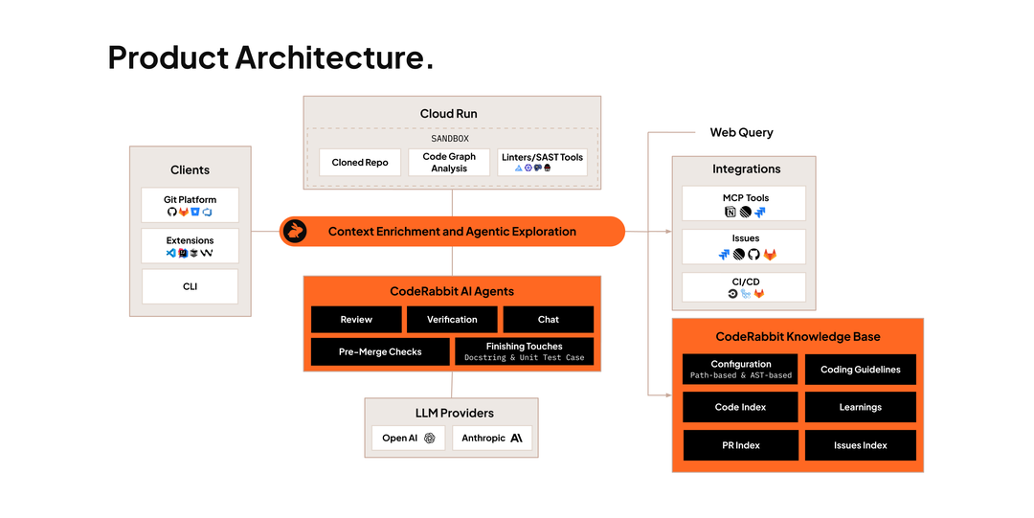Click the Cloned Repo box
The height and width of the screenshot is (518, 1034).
[360, 163]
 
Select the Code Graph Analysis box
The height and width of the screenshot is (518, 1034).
[449, 163]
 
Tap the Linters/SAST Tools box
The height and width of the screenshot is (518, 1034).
[542, 163]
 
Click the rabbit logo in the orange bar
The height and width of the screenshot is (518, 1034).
[294, 232]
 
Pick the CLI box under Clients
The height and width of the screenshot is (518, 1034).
[190, 286]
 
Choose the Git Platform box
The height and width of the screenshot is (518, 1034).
[190, 205]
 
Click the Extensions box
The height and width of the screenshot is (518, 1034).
[190, 246]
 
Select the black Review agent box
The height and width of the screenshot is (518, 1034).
[356, 320]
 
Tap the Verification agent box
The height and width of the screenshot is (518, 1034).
[452, 320]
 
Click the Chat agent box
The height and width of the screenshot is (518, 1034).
[548, 320]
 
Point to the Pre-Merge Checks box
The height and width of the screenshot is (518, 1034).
[380, 351]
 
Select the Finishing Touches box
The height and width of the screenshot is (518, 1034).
[525, 351]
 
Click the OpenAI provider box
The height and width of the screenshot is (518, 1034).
[408, 439]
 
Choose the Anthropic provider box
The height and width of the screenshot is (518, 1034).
[492, 439]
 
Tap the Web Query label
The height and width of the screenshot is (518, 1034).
[741, 133]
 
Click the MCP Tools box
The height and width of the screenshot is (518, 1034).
[744, 203]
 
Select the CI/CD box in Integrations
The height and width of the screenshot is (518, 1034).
[744, 287]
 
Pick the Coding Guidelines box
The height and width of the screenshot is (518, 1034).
[861, 370]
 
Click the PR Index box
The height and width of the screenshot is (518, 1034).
[740, 445]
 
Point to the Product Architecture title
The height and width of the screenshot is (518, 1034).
[270, 57]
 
